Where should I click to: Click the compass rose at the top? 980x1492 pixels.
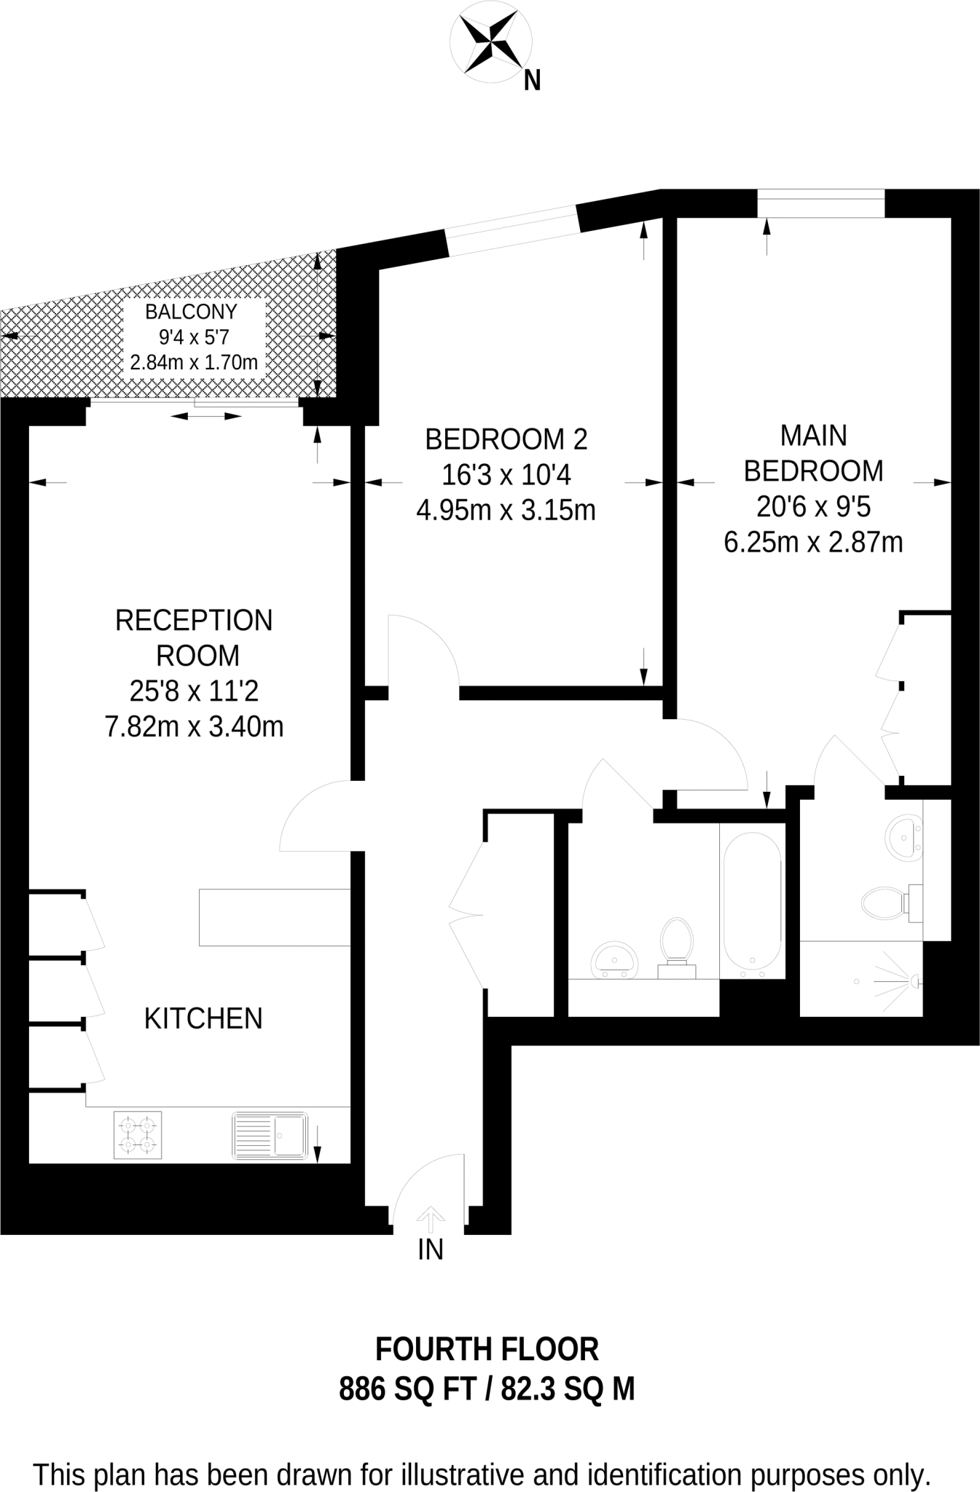[490, 44]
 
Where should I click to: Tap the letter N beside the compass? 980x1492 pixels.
[533, 81]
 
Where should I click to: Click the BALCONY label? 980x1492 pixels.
[191, 312]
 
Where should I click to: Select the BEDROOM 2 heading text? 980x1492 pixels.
[506, 439]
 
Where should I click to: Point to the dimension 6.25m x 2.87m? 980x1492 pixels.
[812, 543]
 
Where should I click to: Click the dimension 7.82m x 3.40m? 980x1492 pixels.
[194, 726]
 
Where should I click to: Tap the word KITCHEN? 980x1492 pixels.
[203, 1018]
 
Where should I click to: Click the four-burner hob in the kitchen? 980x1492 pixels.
[138, 1135]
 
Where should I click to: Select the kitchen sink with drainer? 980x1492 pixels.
[270, 1135]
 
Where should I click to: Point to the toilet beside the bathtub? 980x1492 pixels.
[676, 946]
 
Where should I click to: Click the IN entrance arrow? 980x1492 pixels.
[430, 1217]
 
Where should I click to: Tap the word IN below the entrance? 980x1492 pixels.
[430, 1249]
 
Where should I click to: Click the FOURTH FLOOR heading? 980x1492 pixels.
[487, 1350]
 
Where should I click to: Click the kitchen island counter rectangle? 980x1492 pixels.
[275, 917]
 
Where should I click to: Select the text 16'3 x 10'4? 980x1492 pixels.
[506, 475]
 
